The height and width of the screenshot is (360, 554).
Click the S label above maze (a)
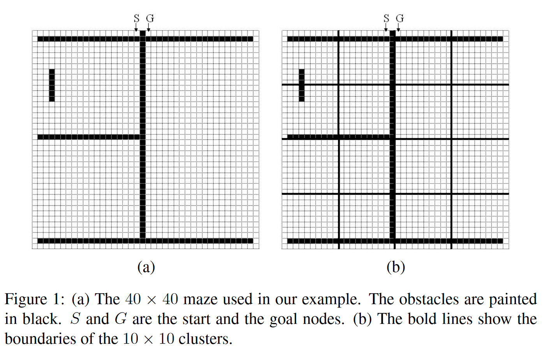pos(136,18)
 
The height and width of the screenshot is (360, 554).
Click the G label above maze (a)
pos(150,18)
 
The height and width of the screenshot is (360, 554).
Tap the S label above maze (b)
pos(386,18)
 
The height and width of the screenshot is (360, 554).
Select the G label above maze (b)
pos(400,18)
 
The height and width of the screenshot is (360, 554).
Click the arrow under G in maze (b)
pos(398,27)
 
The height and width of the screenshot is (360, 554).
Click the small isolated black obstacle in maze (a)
pos(52,85)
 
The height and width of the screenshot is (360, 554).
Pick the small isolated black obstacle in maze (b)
pos(301,85)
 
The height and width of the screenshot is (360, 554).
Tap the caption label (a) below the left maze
pos(146,267)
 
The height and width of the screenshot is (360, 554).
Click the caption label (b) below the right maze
pos(396,267)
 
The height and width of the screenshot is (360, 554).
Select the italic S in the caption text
pos(75,319)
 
